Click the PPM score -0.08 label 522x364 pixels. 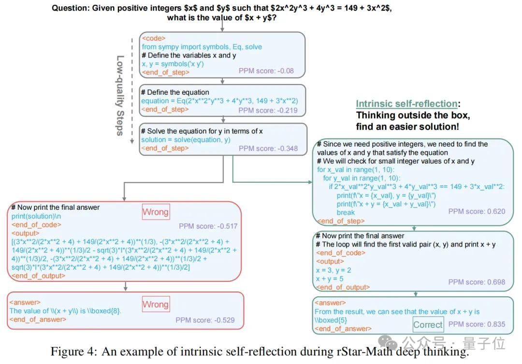point(266,71)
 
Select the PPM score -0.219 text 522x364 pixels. point(268,110)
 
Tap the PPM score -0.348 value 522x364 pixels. point(268,148)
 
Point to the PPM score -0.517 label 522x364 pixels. point(208,226)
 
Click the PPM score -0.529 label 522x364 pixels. point(205,320)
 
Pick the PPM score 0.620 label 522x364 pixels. point(477,211)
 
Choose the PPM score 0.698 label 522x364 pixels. point(477,282)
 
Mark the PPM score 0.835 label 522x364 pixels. point(477,324)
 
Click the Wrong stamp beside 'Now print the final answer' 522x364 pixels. point(156,212)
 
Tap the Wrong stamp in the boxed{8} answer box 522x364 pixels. point(156,304)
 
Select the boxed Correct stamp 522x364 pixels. point(428,324)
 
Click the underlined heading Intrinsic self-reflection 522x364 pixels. point(406,104)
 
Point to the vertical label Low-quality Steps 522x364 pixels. point(120,95)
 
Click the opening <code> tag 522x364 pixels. point(154,38)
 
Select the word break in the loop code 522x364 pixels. point(346,213)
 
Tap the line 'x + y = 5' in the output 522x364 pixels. point(330,279)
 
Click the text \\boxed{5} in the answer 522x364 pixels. point(331,320)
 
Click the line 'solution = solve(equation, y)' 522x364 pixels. point(186,140)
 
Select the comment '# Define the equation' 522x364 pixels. point(175,92)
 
